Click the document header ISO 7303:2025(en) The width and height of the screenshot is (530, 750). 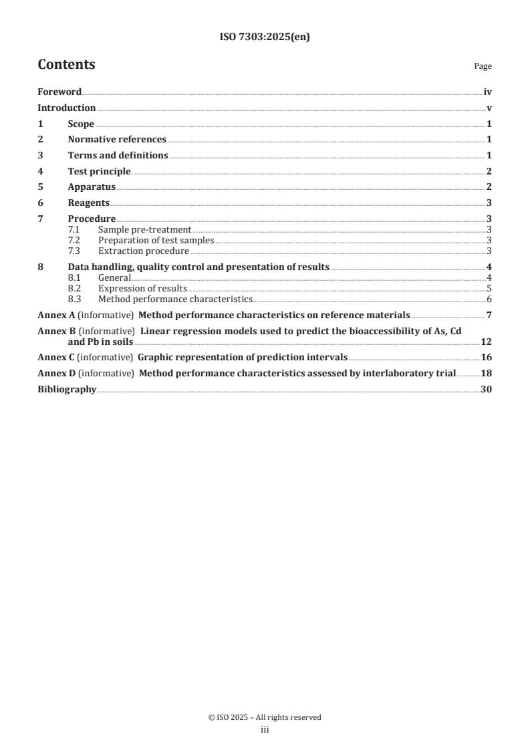point(265,37)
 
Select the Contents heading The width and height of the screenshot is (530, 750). point(66,65)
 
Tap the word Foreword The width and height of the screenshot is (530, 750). point(59,92)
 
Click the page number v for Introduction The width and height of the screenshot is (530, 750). point(489,108)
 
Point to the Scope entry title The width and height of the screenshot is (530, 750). point(81,124)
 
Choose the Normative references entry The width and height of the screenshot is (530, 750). point(117,140)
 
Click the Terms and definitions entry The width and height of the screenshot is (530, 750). point(118,156)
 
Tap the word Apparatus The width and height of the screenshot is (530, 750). point(92,187)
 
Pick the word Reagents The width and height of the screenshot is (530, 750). point(89,203)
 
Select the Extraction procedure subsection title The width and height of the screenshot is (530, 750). point(143,251)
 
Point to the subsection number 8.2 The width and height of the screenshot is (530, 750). point(76,289)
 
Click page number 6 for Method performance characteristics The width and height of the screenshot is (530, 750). point(489,299)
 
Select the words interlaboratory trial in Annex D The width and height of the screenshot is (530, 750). point(414,374)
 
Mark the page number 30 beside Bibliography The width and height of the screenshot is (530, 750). point(486,390)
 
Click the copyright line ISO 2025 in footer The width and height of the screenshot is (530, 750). point(265,717)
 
